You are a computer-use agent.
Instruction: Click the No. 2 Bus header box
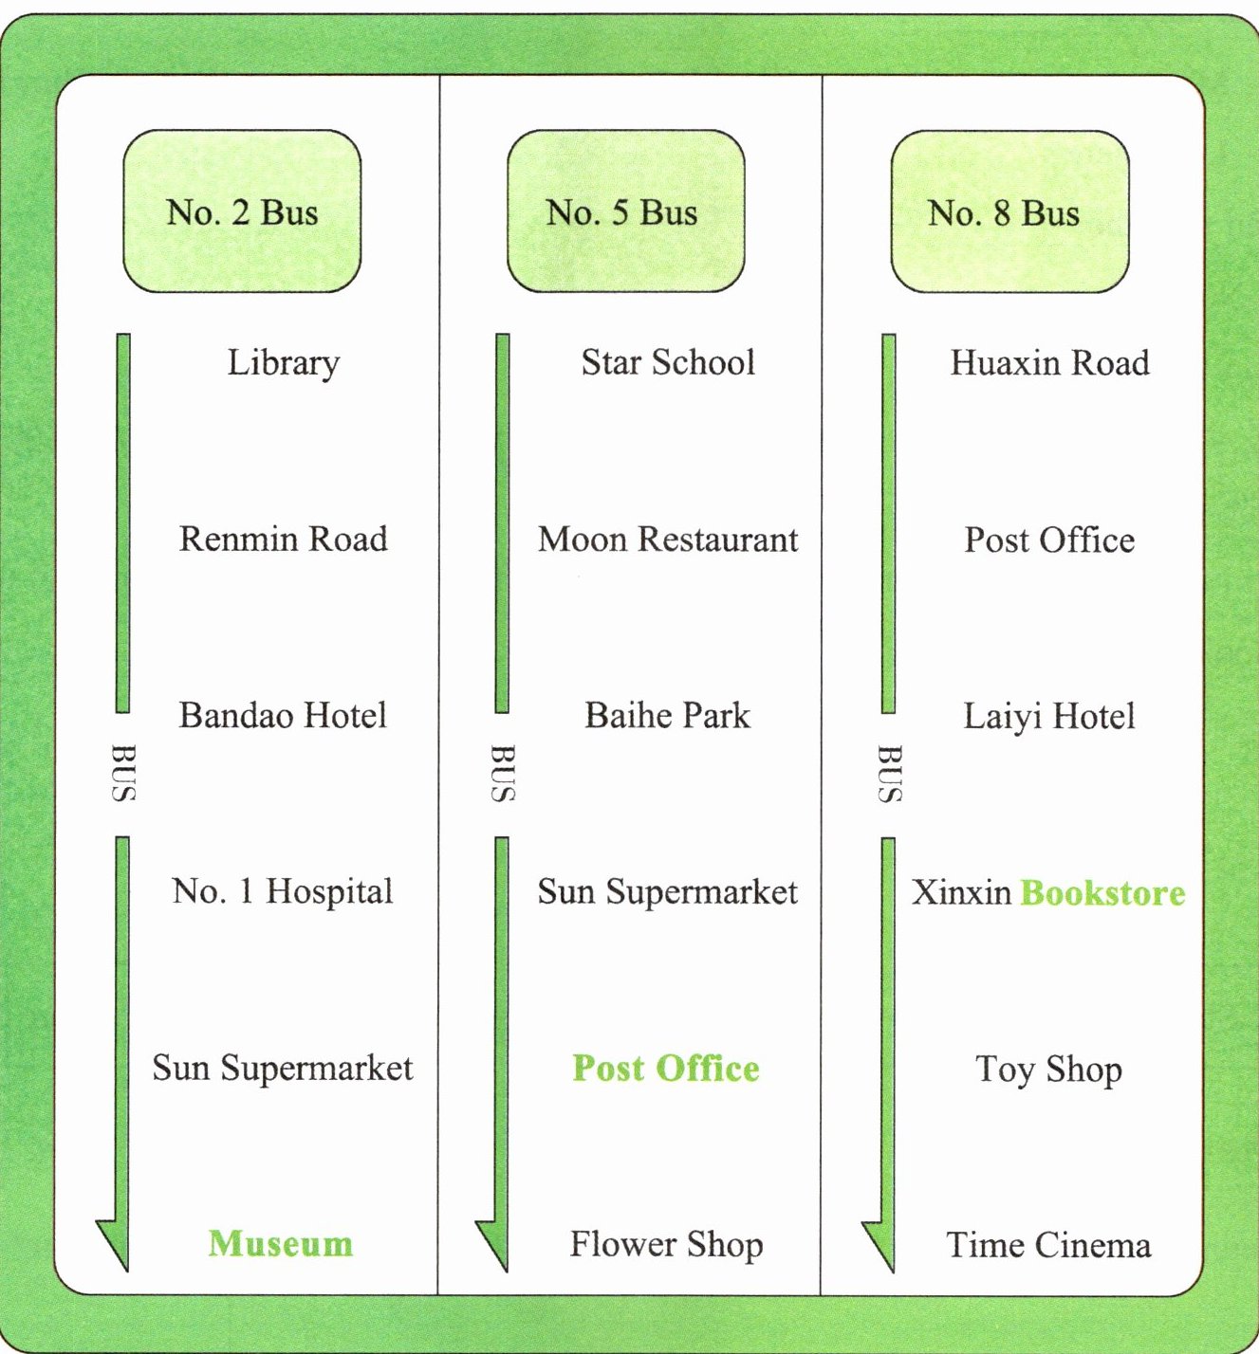tap(242, 211)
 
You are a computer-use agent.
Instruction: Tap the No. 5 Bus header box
tap(625, 211)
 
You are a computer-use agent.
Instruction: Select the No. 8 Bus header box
tap(1009, 212)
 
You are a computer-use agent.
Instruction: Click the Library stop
tap(283, 363)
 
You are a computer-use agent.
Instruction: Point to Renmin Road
tap(283, 539)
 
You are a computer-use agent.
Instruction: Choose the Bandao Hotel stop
tap(283, 715)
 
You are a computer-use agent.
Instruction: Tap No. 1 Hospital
tap(283, 891)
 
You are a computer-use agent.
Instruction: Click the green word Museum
tap(281, 1243)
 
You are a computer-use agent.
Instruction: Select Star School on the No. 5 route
tap(668, 362)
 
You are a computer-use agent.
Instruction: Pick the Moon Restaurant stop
tap(668, 540)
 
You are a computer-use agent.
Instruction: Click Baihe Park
tap(667, 715)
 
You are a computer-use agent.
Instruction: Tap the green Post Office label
tap(666, 1068)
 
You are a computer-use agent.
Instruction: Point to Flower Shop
tap(666, 1244)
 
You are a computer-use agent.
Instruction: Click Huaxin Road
tap(1049, 363)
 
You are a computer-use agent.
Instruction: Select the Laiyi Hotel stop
tap(1049, 716)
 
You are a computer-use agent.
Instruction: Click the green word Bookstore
tap(1102, 892)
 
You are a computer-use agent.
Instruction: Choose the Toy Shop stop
tap(1049, 1070)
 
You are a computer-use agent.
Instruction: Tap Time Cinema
tap(1049, 1244)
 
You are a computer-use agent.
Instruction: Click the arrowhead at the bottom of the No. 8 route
tap(881, 1244)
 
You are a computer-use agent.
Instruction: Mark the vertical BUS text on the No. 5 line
tap(503, 774)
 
